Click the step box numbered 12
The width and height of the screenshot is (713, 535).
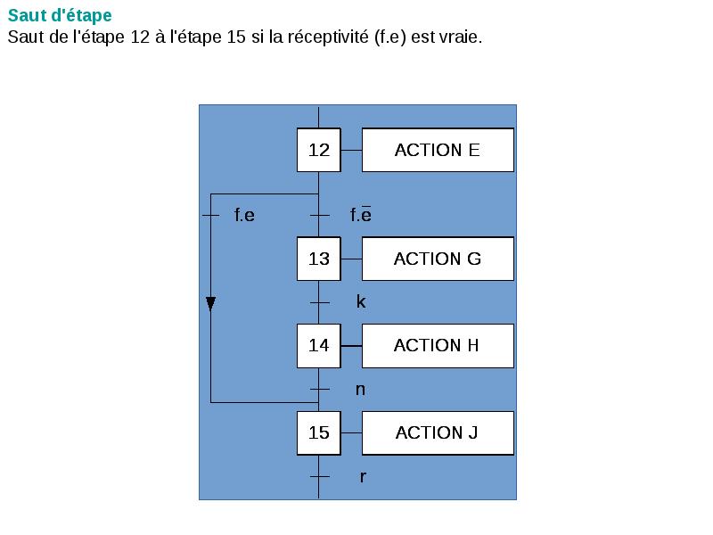(x=319, y=150)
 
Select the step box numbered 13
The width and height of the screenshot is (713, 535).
(x=319, y=259)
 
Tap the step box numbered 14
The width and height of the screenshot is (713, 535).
(x=319, y=346)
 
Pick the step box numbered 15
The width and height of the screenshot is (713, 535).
(x=319, y=433)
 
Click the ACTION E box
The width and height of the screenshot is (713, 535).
(x=438, y=150)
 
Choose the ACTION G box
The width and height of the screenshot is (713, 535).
(x=438, y=259)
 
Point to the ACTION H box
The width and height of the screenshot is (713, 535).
(x=438, y=346)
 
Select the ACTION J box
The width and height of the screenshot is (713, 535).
(x=438, y=433)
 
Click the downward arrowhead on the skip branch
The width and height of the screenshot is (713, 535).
(x=210, y=304)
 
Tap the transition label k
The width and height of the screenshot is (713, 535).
(x=361, y=302)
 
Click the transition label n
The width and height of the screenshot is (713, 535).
(x=360, y=390)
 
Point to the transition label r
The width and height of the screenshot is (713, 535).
(x=363, y=477)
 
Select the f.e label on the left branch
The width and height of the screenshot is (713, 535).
(x=244, y=216)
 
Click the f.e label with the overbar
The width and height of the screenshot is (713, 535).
(x=361, y=215)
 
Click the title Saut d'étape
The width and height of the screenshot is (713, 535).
(x=60, y=16)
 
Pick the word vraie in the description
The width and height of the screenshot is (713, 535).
(x=460, y=38)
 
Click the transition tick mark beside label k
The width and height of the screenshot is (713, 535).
(x=319, y=303)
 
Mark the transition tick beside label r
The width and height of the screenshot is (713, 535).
(x=319, y=478)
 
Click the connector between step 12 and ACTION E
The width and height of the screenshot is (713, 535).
(x=351, y=150)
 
